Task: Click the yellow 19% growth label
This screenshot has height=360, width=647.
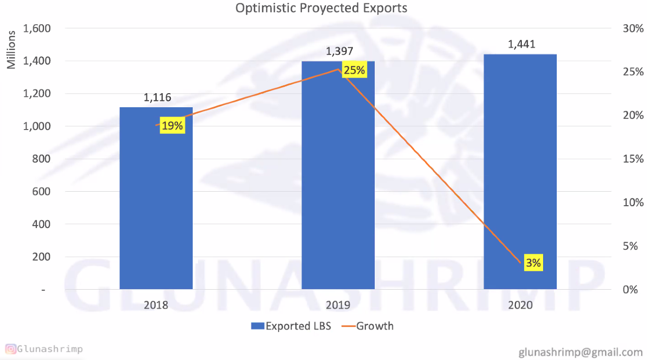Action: point(172,126)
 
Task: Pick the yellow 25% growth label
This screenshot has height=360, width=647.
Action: point(354,70)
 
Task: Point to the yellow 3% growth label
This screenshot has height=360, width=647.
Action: point(533,263)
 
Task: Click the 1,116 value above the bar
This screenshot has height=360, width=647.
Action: point(157,98)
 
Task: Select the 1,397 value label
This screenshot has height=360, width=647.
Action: point(339,51)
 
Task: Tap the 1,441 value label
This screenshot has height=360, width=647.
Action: point(521,45)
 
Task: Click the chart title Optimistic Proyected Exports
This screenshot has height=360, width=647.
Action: point(321,8)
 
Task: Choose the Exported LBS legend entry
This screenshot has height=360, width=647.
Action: point(291,326)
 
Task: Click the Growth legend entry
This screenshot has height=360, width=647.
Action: point(369,326)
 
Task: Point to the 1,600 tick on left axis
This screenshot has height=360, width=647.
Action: point(37,29)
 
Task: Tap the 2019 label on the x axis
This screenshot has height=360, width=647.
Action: point(338,305)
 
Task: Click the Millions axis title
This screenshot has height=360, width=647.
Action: point(11,49)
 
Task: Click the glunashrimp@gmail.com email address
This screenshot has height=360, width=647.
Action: point(581,352)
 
